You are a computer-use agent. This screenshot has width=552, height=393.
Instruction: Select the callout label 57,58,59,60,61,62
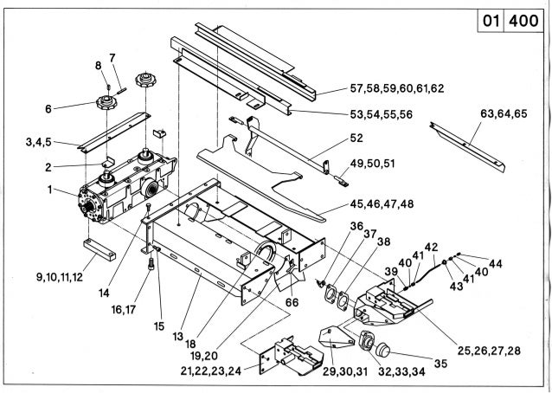coord(396,89)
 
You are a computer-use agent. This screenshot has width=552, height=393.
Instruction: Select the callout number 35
coord(441,364)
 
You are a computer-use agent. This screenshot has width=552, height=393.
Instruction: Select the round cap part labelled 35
coord(382,351)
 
